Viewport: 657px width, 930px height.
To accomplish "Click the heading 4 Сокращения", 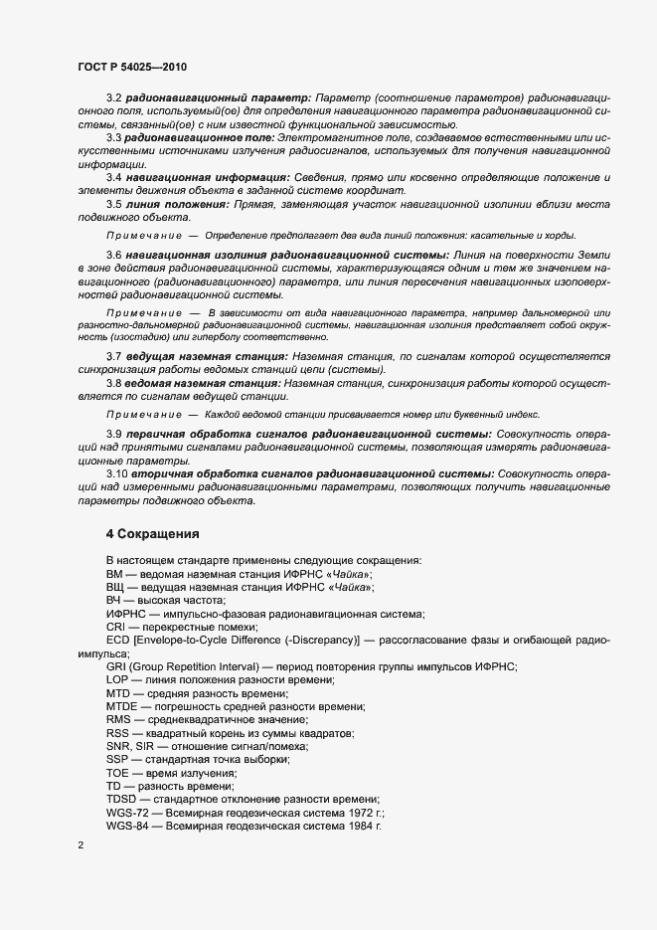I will point(160,534).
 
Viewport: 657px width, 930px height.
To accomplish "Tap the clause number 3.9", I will point(114,435).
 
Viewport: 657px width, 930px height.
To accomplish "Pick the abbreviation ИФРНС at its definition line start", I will point(126,614).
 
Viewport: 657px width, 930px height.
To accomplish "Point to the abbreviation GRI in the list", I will point(116,665).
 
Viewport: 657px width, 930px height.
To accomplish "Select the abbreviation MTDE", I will point(123,705).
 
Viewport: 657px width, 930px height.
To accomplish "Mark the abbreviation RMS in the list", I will point(119,719).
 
